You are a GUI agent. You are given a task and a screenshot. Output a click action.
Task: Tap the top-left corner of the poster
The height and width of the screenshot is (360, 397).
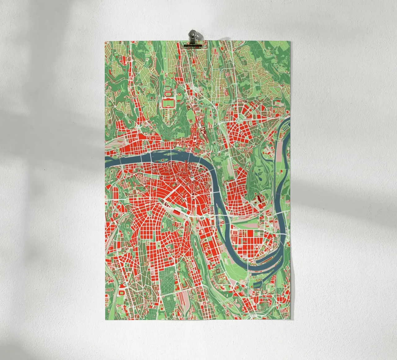click(x=106, y=41)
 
